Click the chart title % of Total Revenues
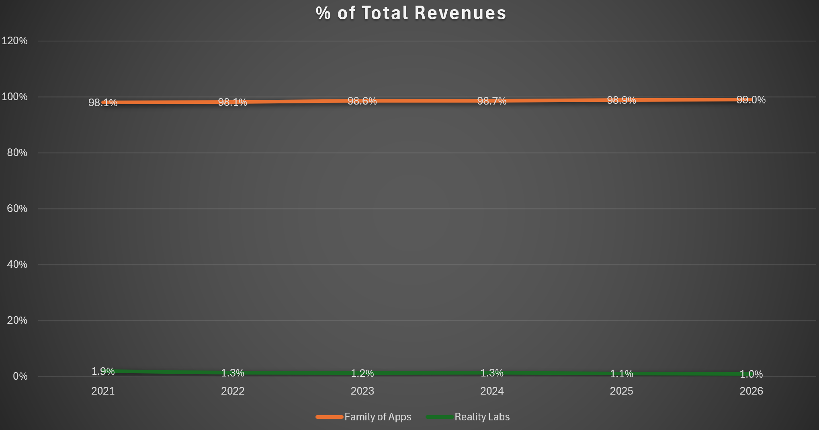pos(411,13)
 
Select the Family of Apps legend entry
pos(364,417)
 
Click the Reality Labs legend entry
pos(468,417)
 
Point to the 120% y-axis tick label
pos(14,41)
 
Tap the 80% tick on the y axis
pos(17,152)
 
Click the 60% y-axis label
pos(17,208)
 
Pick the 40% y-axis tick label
pos(17,264)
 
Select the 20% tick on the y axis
pos(17,320)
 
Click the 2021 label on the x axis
pos(103,391)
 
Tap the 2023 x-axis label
pos(362,391)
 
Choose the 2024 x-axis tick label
pos(492,391)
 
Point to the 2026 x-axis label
pos(751,391)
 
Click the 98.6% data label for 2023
pos(362,101)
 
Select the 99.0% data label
pos(751,100)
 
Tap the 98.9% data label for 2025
pos(621,100)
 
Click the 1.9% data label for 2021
pos(103,371)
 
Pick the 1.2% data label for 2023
pos(362,373)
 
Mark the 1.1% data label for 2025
pos(621,374)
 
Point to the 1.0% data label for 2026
pos(751,374)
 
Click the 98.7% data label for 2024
pos(492,101)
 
